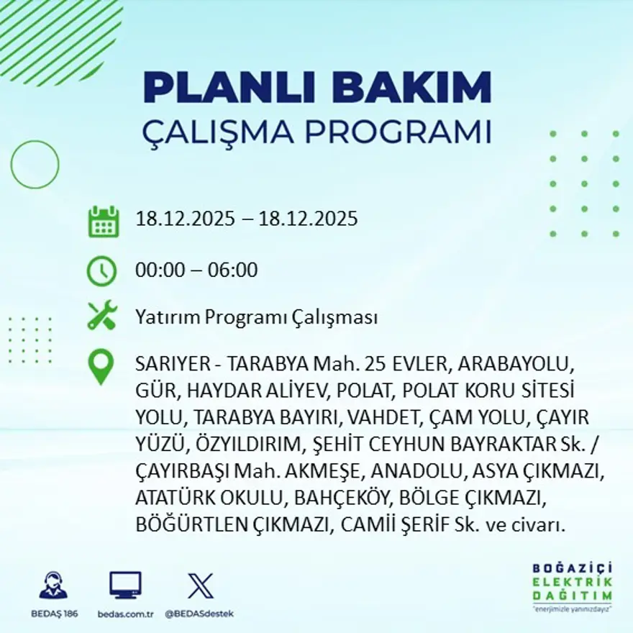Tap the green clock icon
pos(101,271)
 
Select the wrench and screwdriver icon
pos(101,316)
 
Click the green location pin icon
pos(101,367)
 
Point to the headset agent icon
pos(53,585)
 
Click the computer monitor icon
pos(125,585)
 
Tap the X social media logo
pos(200,585)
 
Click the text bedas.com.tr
pos(125,614)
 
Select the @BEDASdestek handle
pos(199,614)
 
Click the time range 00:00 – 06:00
pos(196,270)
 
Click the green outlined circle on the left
pos(35,165)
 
